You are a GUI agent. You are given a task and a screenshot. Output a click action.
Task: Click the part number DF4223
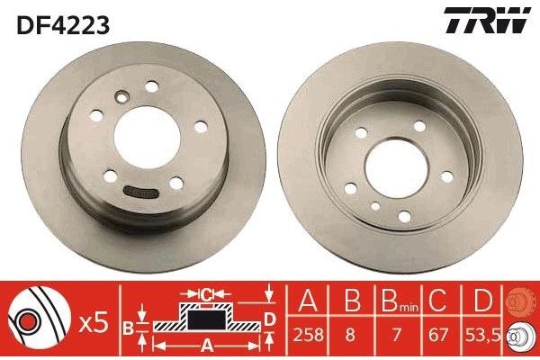click(60, 25)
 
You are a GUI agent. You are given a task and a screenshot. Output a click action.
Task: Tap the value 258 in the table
click(305, 336)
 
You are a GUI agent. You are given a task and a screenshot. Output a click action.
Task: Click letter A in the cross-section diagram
click(206, 344)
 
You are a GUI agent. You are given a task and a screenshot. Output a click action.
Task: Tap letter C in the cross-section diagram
click(206, 294)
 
